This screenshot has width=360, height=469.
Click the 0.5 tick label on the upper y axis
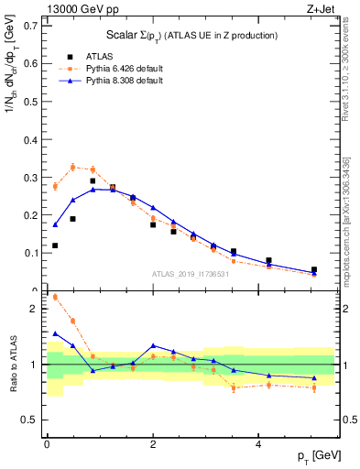coord(27,102)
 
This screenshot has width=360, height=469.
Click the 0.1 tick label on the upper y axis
coord(27,253)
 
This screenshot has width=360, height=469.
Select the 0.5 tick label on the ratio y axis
coord(27,420)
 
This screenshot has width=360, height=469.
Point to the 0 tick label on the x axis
coord(46,444)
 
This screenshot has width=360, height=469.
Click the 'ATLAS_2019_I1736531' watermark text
coord(191,273)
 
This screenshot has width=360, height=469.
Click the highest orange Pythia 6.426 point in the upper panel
coord(73,167)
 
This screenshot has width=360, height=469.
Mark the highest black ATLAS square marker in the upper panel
coord(93,181)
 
